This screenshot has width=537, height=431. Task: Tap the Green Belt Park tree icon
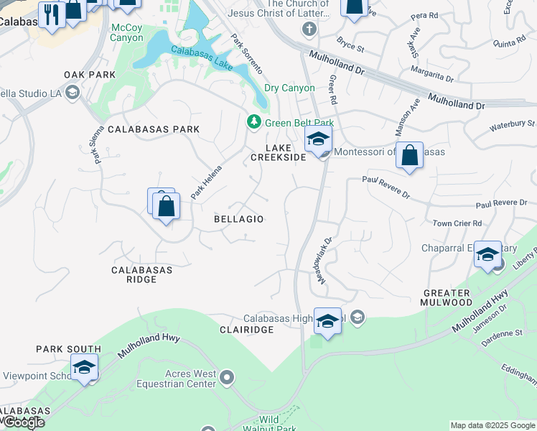tap(253, 123)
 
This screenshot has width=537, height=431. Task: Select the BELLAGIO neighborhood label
tap(239, 219)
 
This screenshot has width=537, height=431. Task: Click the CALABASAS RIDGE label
tap(142, 274)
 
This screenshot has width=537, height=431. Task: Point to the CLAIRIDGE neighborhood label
tap(246, 329)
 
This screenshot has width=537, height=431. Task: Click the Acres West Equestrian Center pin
tap(228, 377)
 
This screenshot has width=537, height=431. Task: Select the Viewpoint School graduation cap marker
tap(85, 368)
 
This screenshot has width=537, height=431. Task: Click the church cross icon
tap(309, 29)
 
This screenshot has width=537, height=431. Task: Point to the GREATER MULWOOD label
tap(447, 298)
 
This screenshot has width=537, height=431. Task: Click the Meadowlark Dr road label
tap(323, 260)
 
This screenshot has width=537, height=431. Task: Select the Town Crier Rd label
tap(457, 223)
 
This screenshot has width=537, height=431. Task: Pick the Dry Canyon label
tap(289, 88)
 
